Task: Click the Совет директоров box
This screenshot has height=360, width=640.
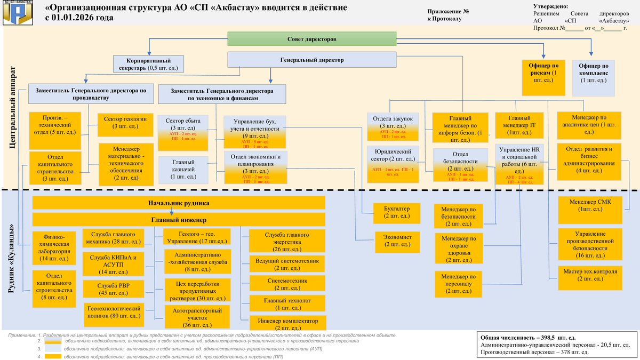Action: point(312,39)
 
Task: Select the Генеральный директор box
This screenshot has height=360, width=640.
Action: point(312,60)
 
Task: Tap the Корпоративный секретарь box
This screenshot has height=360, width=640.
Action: point(148,64)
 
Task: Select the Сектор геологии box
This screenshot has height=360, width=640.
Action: point(125,122)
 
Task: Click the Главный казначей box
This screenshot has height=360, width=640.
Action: point(183,169)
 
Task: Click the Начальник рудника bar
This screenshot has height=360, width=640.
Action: point(179,203)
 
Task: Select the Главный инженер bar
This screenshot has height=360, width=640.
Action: point(179,220)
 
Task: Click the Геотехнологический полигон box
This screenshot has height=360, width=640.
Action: point(114,312)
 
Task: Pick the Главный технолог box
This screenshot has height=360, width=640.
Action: point(287,304)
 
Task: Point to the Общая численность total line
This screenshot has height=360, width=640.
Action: point(528,338)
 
